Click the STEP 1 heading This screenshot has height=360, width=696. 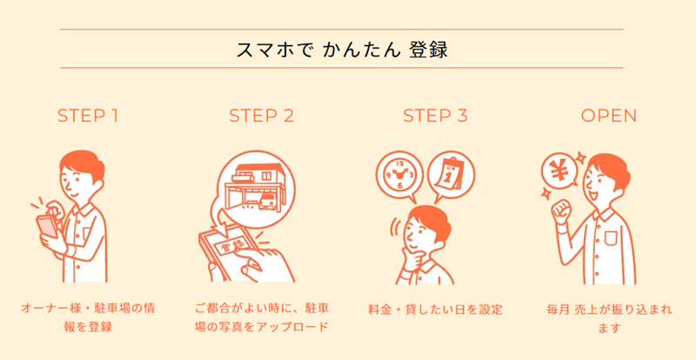tap(87, 116)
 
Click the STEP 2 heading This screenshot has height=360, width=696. tap(261, 116)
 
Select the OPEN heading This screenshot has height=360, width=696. tap(609, 116)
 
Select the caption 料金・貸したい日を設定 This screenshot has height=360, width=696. tap(435, 309)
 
